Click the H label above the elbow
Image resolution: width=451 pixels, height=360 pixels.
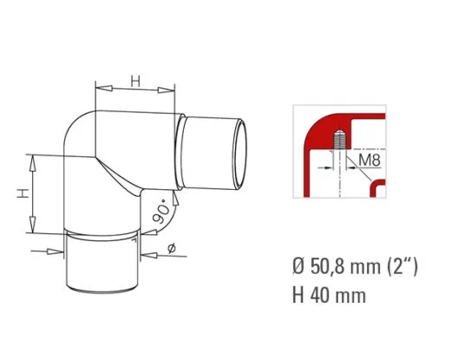pyautogui.click(x=135, y=81)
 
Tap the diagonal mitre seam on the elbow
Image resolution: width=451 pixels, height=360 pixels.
pyautogui.click(x=121, y=178)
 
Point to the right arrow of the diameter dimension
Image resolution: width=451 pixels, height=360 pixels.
pyautogui.click(x=143, y=254)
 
